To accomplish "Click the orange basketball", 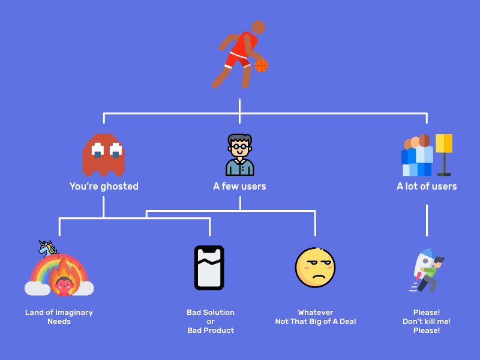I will coord(261,65).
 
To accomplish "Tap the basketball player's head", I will coord(258,27).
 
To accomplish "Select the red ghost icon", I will coord(104,154).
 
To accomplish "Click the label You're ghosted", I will coord(104,187).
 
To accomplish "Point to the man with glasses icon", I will coord(240,154).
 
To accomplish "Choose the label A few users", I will coord(239,187).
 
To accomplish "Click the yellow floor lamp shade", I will coord(444,143).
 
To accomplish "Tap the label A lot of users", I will coord(427,187).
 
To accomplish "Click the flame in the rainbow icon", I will coord(62,277).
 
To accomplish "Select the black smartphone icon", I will coord(209,268).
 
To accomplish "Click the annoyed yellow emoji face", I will coord(315,268).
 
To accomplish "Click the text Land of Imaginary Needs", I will coord(59,317).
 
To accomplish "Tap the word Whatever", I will coord(315,313).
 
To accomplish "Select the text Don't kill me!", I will coord(427,322).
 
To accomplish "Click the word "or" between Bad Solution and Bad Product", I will coord(211,322).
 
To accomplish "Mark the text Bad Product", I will coord(211,331).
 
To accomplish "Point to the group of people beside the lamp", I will coord(418,155).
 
